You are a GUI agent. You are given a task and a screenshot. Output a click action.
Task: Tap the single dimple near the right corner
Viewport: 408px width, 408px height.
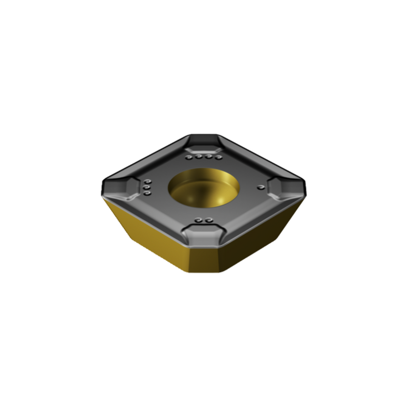(x=260, y=187)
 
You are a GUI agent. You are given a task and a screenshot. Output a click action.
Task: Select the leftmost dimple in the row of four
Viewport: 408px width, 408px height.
(x=189, y=157)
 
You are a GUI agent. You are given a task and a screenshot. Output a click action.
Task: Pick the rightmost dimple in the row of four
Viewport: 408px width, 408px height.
(x=218, y=157)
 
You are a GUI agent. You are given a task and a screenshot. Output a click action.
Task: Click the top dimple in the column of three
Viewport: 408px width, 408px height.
(x=148, y=182)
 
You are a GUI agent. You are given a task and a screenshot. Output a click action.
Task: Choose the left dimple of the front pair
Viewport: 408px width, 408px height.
(x=198, y=220)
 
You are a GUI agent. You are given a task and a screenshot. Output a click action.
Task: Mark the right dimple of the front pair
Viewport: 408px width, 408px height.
(x=209, y=220)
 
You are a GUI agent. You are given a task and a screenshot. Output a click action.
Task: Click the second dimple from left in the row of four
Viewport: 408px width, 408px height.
(x=198, y=157)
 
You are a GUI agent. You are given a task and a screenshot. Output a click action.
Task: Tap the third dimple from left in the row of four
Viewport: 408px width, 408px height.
(x=208, y=157)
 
